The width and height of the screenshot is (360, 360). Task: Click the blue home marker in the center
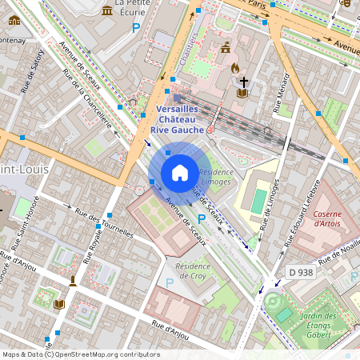(180, 173)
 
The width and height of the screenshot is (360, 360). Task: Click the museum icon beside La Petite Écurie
(107, 10)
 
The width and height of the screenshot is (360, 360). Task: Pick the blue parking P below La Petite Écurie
(136, 28)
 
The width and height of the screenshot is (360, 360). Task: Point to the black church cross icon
(242, 81)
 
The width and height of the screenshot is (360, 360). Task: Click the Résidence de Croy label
(192, 270)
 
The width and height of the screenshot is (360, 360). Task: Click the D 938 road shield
(301, 272)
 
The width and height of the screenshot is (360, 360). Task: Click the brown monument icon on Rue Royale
(73, 280)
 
